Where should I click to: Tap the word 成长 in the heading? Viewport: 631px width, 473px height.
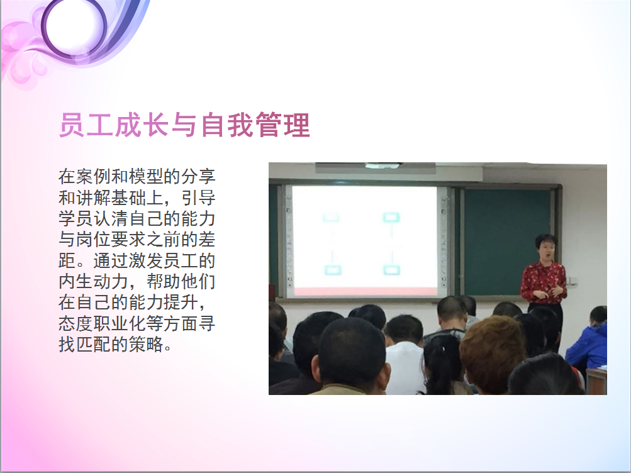click(142, 125)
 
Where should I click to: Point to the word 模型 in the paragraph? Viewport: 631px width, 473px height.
click(146, 177)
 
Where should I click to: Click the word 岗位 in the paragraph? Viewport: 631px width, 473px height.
click(93, 239)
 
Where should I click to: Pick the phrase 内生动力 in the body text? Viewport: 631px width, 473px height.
click(93, 281)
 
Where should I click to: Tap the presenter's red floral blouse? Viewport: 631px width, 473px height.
click(544, 282)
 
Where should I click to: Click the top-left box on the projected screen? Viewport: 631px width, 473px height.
click(331, 218)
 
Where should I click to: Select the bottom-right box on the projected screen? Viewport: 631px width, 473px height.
click(391, 269)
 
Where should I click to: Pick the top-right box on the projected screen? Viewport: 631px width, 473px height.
click(391, 218)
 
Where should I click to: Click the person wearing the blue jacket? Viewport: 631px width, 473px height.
click(588, 342)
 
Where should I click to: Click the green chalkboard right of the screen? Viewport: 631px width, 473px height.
click(507, 242)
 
